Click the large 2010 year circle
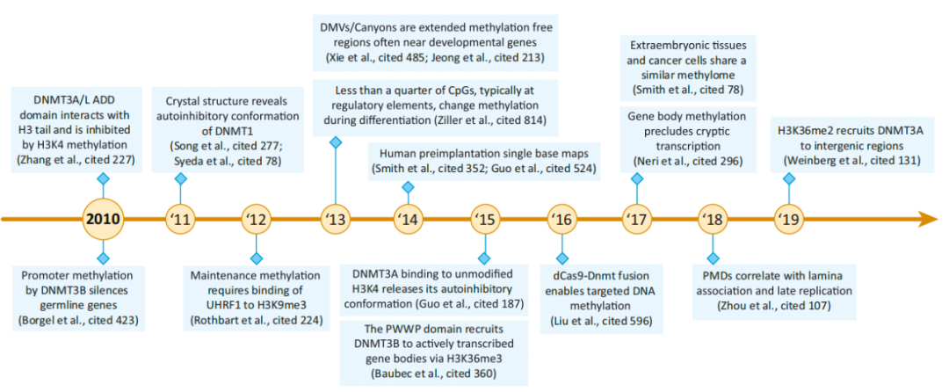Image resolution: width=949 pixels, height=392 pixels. (103, 219)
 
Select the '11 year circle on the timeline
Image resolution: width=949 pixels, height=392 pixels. (181, 219)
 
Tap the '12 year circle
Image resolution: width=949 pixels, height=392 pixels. (257, 219)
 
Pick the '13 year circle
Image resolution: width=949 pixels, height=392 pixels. (334, 219)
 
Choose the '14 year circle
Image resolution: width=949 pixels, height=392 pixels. (408, 219)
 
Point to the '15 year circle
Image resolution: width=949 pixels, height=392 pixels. (484, 219)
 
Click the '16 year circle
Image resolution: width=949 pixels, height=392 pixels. (561, 219)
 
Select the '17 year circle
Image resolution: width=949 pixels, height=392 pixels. (636, 219)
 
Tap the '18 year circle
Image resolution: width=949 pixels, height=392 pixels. (713, 219)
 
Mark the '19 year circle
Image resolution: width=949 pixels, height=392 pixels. (788, 219)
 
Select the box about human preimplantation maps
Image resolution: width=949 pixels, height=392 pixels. (485, 159)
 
